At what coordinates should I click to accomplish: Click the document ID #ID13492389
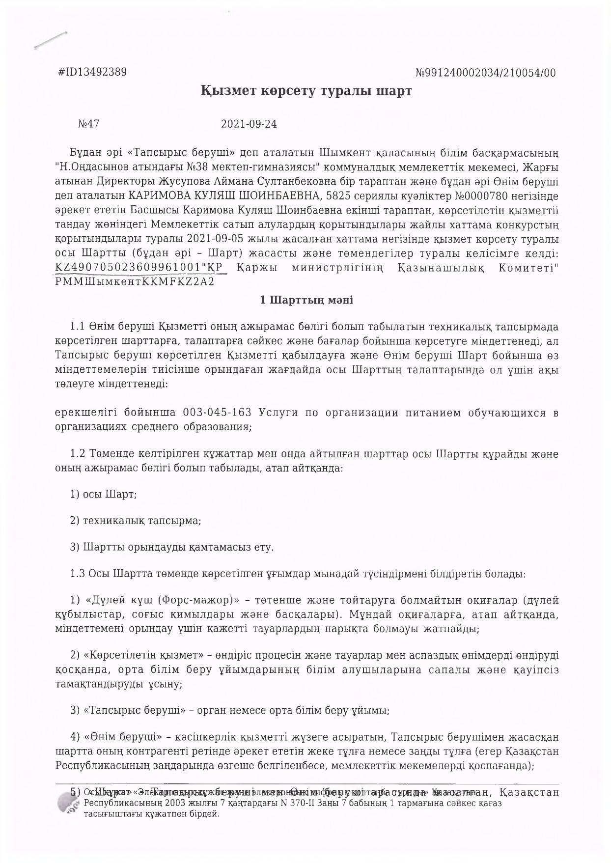tap(92, 72)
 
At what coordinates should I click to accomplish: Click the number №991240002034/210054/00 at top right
tap(486, 73)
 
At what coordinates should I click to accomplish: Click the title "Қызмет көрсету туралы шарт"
tap(306, 91)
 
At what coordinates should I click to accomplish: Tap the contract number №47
tap(88, 124)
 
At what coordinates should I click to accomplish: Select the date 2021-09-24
tap(249, 124)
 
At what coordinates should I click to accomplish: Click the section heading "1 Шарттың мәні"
tap(306, 300)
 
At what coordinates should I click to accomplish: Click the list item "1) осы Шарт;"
tap(104, 494)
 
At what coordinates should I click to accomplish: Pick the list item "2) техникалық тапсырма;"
tap(136, 521)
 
